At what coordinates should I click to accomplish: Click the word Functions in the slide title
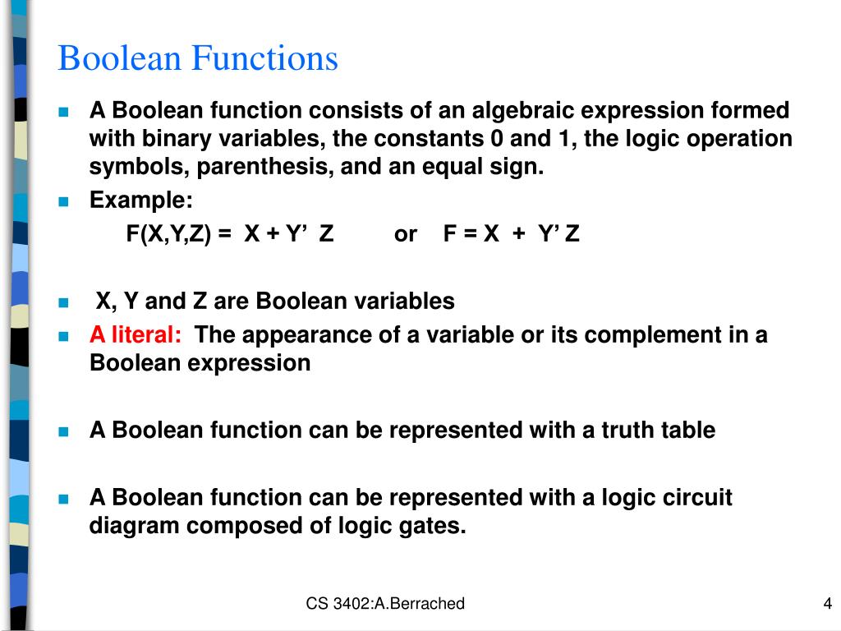264,59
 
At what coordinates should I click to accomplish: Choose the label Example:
141,200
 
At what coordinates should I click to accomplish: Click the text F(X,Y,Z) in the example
168,234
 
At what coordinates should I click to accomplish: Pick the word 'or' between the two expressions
406,234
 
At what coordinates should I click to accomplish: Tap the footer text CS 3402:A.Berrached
385,604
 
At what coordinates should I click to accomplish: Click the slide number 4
827,604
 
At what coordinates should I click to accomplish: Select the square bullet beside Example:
64,201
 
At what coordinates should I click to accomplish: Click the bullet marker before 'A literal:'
64,336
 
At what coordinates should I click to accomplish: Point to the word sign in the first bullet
516,168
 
